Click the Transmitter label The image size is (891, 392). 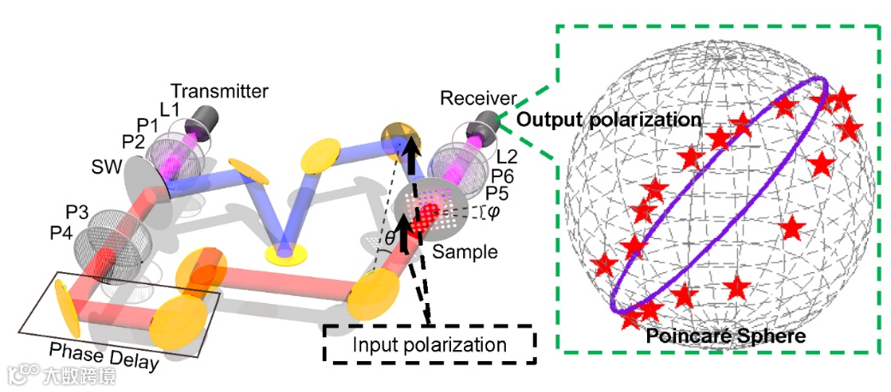(219, 91)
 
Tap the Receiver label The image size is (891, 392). (478, 99)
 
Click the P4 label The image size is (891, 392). (63, 230)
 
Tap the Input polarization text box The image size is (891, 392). (429, 346)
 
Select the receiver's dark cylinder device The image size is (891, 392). (485, 124)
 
